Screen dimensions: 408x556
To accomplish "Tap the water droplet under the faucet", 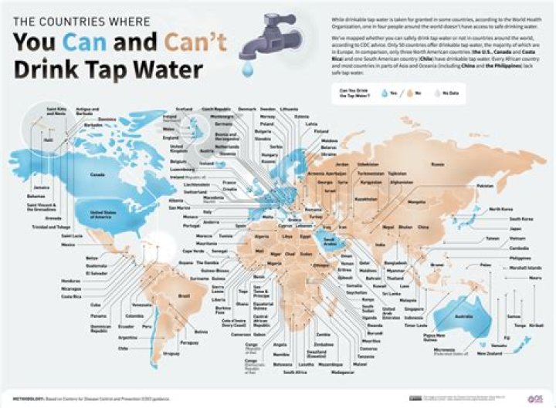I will pos(247,71).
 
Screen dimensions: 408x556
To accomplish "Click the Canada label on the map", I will pos(98,174).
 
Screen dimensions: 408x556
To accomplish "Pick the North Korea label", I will pos(500,209).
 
